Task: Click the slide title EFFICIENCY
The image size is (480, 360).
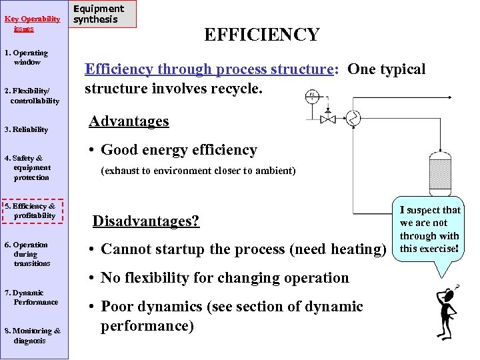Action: [x=261, y=35]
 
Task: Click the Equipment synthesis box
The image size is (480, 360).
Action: [x=103, y=14]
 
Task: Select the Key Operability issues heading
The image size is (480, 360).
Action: [x=27, y=23]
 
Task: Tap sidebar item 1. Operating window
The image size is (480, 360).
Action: [x=26, y=57]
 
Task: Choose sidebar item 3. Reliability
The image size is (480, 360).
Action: [x=26, y=129]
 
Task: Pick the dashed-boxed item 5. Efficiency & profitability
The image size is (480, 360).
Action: [x=33, y=211]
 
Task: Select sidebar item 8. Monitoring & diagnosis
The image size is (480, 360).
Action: [x=32, y=335]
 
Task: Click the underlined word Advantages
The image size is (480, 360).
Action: [x=129, y=121]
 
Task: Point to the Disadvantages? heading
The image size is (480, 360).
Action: [x=145, y=221]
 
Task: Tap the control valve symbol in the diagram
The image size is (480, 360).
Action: [x=328, y=120]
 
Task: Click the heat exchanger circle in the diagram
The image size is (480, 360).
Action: [x=353, y=119]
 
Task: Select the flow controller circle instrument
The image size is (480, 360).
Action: [x=311, y=96]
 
